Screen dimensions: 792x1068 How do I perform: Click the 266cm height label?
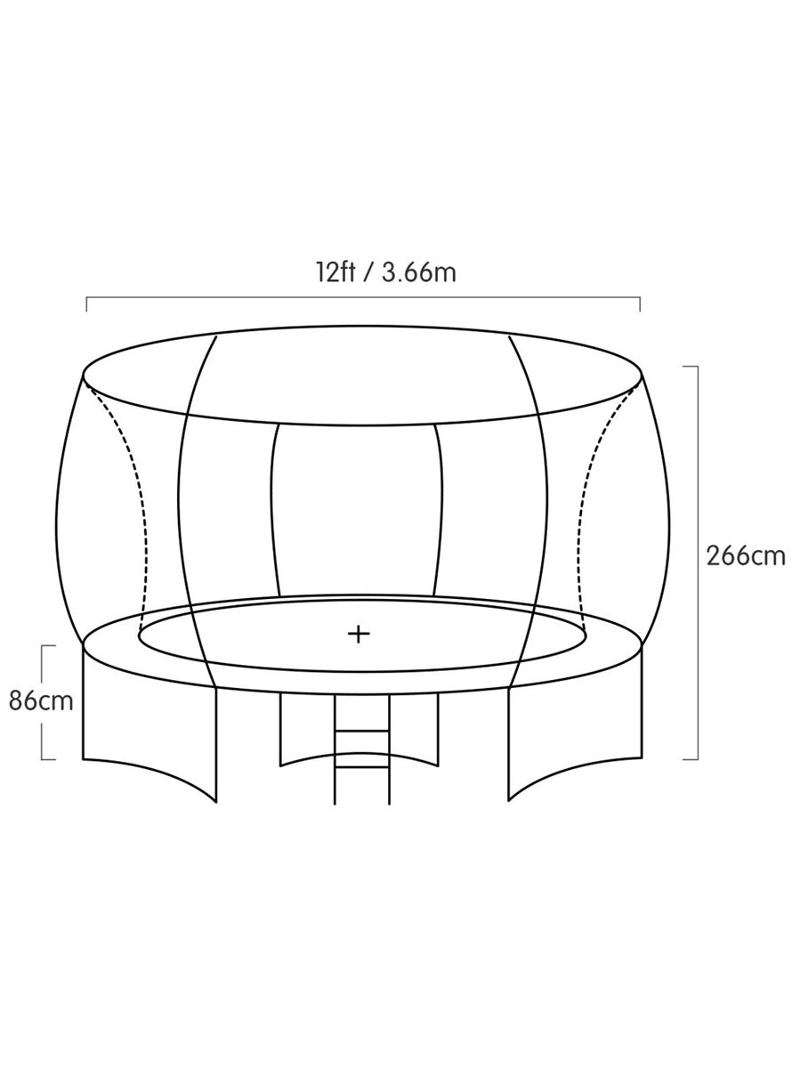point(746,556)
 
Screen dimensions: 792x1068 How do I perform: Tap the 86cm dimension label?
point(41,701)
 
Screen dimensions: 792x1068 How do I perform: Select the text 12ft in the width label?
point(335,272)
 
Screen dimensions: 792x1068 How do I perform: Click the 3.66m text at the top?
point(419,272)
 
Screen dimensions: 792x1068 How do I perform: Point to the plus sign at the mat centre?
point(359,635)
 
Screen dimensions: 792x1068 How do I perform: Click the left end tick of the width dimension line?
point(86,304)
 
